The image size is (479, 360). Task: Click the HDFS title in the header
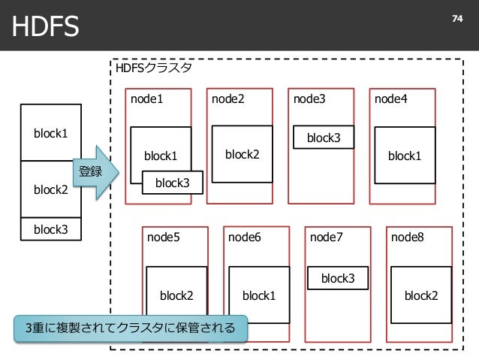point(46,26)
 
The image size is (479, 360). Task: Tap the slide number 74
point(457,19)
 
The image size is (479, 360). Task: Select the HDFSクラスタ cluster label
point(154,68)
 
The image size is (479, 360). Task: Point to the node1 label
point(146,98)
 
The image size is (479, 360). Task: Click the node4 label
point(390,98)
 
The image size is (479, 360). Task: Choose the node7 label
point(327,237)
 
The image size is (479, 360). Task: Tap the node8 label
point(408,237)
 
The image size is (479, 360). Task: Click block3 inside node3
point(324,138)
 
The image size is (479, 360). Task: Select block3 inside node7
point(338,278)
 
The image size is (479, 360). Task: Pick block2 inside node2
point(243,154)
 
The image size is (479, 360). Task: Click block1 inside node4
point(405,156)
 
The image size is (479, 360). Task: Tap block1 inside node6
point(259,295)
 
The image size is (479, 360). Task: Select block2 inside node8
point(421,295)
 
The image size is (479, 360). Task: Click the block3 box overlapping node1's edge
point(173,183)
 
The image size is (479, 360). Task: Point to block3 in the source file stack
point(51,229)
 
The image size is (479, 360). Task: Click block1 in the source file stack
point(51,133)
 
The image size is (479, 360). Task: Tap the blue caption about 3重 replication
point(131,328)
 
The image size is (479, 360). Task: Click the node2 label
point(228,98)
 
